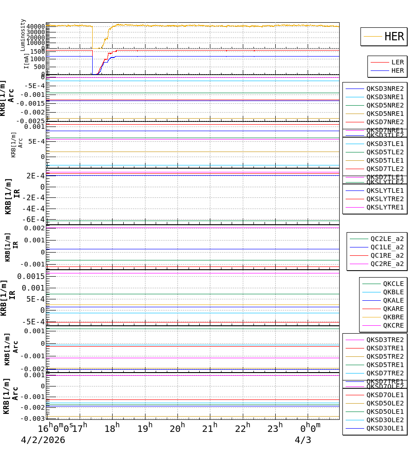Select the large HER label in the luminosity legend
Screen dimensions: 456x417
pos(394,37)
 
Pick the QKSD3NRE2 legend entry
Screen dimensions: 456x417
pos(385,89)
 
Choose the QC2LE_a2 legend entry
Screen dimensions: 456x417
pos(386,239)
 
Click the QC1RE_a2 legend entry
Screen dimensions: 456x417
pos(386,255)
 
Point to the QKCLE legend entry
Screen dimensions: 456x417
pos(393,284)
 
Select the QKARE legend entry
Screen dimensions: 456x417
pos(393,309)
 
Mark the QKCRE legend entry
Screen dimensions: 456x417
pos(393,325)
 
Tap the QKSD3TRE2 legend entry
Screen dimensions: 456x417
pos(385,340)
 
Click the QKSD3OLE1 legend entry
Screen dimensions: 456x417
pos(385,428)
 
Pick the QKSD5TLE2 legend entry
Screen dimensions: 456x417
pos(385,152)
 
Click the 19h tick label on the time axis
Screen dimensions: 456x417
pos(145,429)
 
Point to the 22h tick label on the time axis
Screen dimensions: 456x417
pos(243,429)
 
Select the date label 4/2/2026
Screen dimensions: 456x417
pos(43,440)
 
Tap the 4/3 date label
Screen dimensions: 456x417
pos(303,440)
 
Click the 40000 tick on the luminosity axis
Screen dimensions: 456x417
pos(36,26)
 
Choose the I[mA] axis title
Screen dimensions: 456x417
pos(27,61)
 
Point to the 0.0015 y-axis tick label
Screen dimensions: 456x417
pos(31,276)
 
